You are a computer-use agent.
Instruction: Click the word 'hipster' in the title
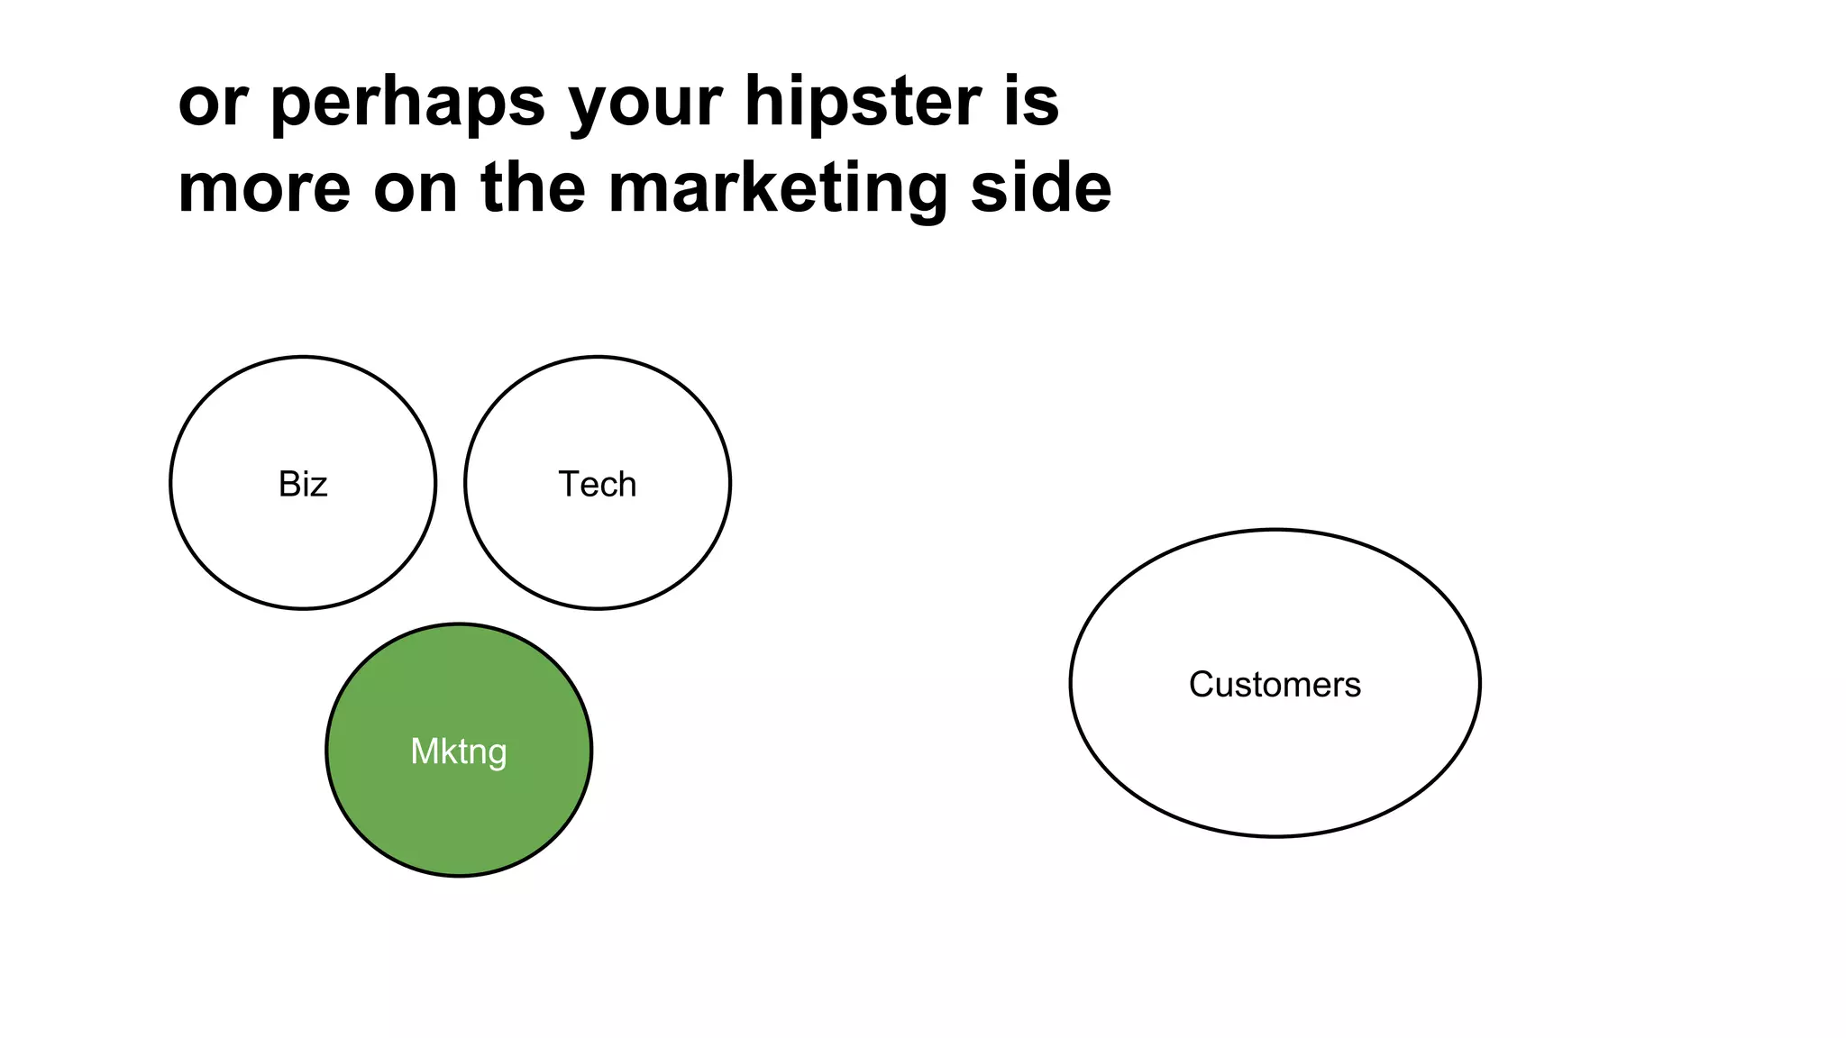pos(862,101)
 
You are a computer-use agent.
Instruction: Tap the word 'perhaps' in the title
pos(407,103)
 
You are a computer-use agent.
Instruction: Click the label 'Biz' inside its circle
pos(303,485)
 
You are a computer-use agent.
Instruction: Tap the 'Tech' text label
pos(597,485)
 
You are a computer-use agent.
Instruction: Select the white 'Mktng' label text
pos(459,751)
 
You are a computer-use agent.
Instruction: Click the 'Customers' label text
pos(1275,685)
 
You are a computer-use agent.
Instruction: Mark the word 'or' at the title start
pos(212,103)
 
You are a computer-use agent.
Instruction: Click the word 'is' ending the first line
pos(1031,101)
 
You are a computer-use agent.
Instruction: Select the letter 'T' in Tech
pos(568,485)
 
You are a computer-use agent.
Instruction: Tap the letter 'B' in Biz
pos(288,485)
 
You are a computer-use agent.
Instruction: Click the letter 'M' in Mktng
pos(425,751)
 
